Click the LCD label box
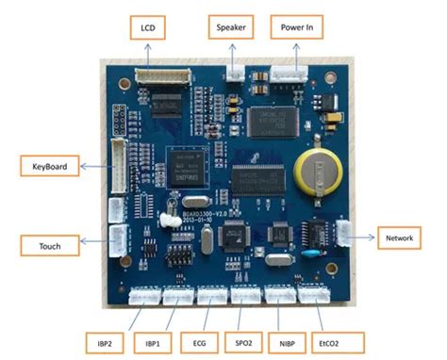click(x=147, y=27)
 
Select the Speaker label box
click(x=231, y=27)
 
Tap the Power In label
click(x=296, y=27)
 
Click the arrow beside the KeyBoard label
click(x=91, y=166)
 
